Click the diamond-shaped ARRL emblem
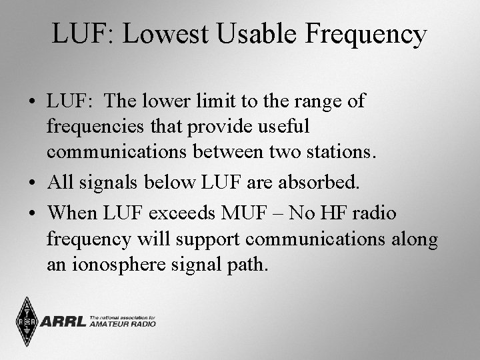(27, 322)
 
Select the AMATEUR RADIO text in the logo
(122, 325)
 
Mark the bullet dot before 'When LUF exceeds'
(33, 214)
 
